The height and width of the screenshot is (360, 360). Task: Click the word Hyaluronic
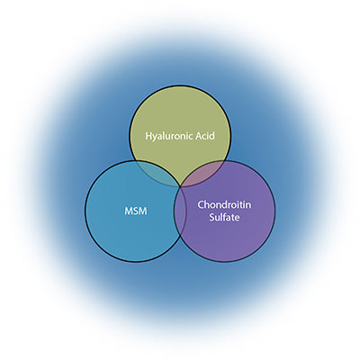tap(169, 136)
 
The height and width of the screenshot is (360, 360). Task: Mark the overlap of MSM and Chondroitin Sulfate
tap(180, 210)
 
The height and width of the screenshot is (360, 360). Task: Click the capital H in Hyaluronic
tap(149, 136)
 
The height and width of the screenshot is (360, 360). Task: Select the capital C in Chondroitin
tap(201, 205)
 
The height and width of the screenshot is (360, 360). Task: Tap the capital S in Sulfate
tap(211, 217)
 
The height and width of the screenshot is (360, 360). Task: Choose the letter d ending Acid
tap(212, 136)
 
